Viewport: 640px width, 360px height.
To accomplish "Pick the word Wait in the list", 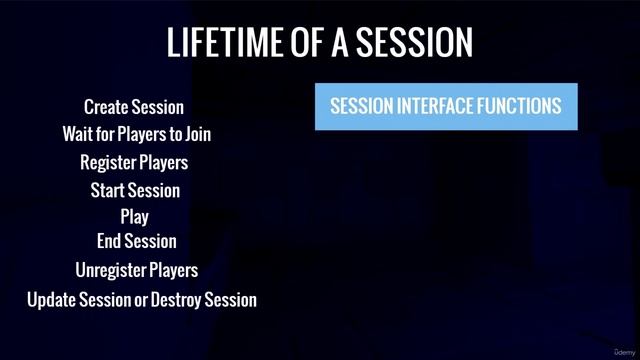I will click(x=78, y=133).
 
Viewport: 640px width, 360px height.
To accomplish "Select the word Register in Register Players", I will click(x=107, y=161).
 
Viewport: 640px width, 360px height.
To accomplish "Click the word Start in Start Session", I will click(x=108, y=189).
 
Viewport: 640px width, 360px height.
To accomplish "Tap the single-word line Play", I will click(x=134, y=215).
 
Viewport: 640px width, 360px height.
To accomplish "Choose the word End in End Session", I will click(x=109, y=241).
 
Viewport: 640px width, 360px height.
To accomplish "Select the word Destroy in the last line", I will click(x=175, y=299).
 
